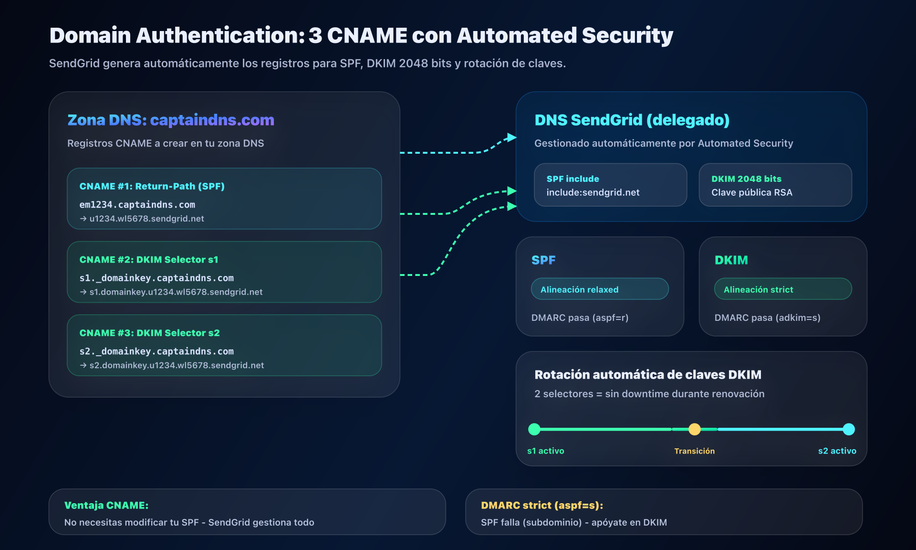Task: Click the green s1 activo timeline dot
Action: (534, 429)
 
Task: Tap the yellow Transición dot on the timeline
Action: (695, 429)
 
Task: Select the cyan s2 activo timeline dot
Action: (849, 429)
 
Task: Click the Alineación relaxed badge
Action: (600, 289)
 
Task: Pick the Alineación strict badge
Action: (782, 289)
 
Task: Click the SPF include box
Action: (610, 185)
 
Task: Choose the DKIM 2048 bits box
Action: (775, 185)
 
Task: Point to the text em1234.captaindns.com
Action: (137, 205)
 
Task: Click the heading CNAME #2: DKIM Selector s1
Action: (148, 260)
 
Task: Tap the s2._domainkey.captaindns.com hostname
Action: (156, 351)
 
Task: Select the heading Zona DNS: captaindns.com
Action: (170, 120)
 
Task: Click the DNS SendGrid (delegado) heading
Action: (632, 120)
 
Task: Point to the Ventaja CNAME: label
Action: (106, 505)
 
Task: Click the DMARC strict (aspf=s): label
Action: (542, 505)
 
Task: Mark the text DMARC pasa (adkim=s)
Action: (767, 317)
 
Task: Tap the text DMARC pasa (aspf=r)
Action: (580, 317)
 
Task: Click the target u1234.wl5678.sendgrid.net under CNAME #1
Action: (146, 219)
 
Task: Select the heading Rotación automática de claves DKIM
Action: (647, 375)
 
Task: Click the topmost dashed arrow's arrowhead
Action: (512, 137)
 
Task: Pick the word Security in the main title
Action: (627, 35)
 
